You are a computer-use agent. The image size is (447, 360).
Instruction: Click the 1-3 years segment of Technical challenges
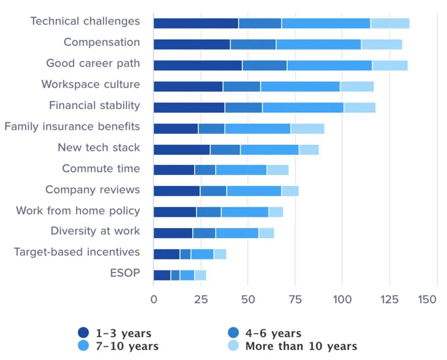[196, 23]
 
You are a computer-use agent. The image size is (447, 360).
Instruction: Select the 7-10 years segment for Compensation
[318, 44]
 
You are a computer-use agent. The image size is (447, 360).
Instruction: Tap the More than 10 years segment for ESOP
[200, 275]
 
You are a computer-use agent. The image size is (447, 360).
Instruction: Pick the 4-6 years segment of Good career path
[264, 65]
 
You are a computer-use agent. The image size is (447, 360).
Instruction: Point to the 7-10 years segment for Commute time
[241, 170]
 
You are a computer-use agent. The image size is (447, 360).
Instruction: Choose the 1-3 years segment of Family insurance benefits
[175, 129]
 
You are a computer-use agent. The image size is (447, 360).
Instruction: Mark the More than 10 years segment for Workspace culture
[356, 87]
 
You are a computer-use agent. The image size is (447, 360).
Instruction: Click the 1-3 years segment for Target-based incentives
[167, 254]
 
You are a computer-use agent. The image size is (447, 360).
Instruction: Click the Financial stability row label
[94, 106]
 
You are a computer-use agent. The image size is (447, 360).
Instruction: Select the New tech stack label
[99, 148]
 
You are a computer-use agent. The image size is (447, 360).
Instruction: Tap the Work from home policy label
[78, 211]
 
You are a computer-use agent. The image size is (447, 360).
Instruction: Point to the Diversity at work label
[95, 231]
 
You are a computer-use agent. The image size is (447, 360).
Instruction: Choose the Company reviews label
[93, 190]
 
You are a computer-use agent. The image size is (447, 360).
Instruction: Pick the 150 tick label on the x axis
[427, 300]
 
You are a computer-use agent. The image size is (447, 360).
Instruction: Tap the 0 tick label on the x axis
[154, 300]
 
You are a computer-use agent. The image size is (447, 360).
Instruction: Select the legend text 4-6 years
[273, 334]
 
